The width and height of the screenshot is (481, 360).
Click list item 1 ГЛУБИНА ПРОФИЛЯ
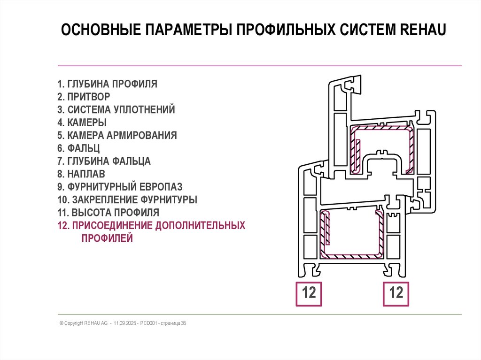[107, 84]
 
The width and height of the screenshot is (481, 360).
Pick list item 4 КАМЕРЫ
[82, 123]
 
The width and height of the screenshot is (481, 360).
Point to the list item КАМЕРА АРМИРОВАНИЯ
[117, 136]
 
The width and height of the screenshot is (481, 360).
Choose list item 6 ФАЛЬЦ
[79, 148]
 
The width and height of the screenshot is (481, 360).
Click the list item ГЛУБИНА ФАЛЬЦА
[104, 161]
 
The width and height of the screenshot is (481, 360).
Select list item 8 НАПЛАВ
[81, 174]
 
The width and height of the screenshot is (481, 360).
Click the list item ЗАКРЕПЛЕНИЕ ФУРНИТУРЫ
[127, 199]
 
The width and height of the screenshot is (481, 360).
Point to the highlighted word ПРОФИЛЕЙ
[107, 238]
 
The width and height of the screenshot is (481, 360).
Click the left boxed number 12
[308, 293]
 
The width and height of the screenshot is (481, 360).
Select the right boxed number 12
[396, 293]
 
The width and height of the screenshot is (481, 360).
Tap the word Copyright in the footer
[74, 323]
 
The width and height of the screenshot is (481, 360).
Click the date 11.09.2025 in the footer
[124, 323]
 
